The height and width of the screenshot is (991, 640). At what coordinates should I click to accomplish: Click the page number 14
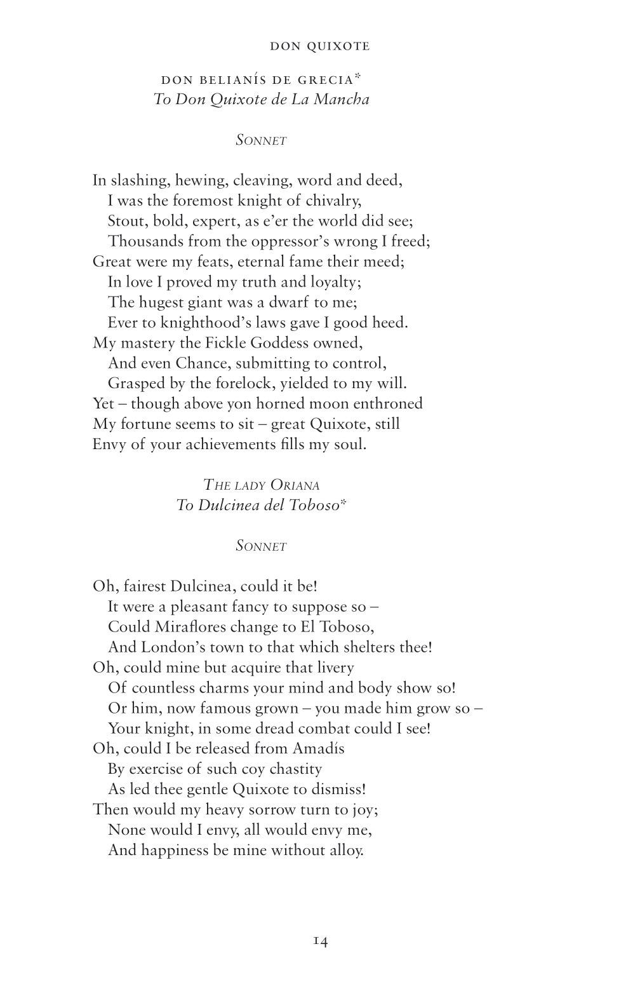point(320,941)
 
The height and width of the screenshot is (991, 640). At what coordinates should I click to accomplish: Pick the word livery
point(331,668)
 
